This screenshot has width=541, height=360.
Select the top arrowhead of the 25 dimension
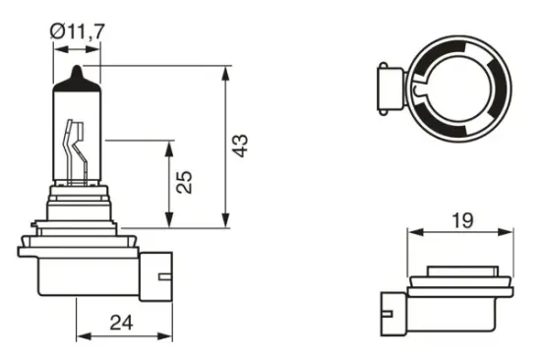[x=170, y=146]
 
